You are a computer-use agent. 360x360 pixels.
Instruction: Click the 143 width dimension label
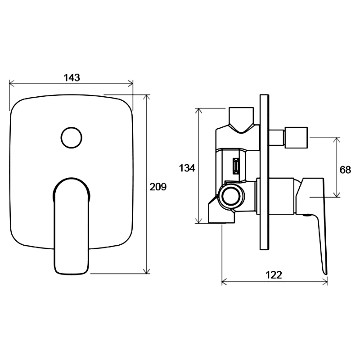72,77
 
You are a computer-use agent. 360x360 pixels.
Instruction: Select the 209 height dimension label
158,187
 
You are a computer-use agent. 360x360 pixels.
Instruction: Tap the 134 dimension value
187,168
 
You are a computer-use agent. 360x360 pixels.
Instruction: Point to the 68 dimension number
345,170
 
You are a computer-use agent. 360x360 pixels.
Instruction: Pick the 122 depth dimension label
274,274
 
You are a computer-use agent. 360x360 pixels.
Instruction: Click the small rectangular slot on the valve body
236,166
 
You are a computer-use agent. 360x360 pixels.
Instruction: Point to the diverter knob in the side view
296,137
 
